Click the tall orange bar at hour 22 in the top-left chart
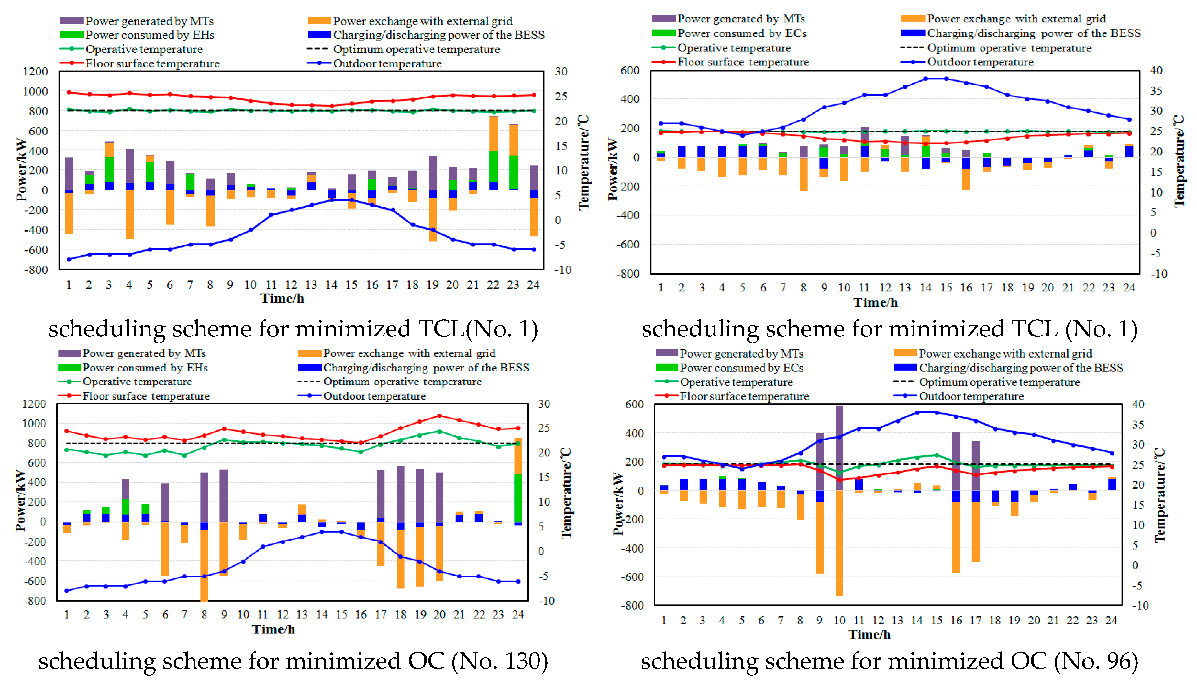493,133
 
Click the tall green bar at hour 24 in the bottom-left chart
518,498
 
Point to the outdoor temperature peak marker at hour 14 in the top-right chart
925,79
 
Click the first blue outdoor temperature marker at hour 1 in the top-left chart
69,259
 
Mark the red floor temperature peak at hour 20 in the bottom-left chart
439,416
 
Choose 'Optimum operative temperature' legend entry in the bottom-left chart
402,382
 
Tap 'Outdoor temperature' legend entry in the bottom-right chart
971,396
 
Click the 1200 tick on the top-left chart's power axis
35,71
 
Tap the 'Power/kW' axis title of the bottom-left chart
20,501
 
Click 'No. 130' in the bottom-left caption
499,661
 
